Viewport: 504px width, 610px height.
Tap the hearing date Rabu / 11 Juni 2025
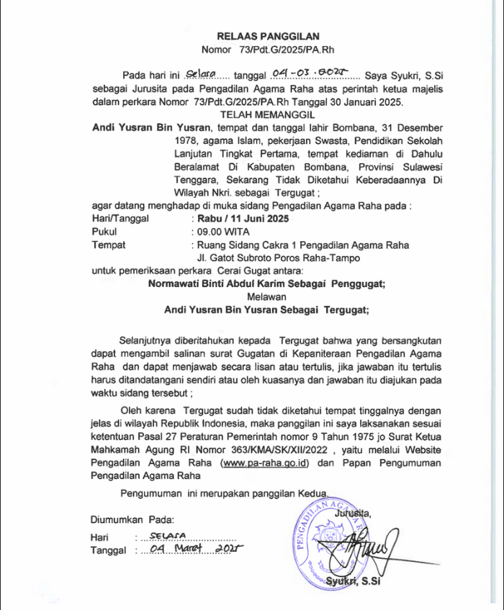[x=240, y=218]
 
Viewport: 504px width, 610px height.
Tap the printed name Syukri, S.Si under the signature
[x=352, y=581]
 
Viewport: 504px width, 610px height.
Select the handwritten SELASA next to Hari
[x=166, y=536]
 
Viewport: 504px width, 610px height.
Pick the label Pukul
[x=105, y=232]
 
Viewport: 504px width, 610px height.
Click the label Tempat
[x=109, y=245]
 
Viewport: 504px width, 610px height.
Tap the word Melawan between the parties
[x=266, y=297]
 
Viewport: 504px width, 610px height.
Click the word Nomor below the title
[x=215, y=50]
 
